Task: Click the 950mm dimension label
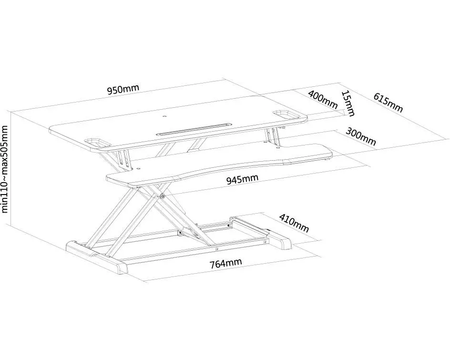(123, 89)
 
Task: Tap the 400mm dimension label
(323, 100)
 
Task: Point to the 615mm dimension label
(388, 103)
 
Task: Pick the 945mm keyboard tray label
(243, 179)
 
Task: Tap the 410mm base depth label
(294, 223)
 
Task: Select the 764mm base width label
(225, 263)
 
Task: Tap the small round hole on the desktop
(164, 116)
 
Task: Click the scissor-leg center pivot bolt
(163, 196)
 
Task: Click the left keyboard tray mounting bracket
(124, 160)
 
